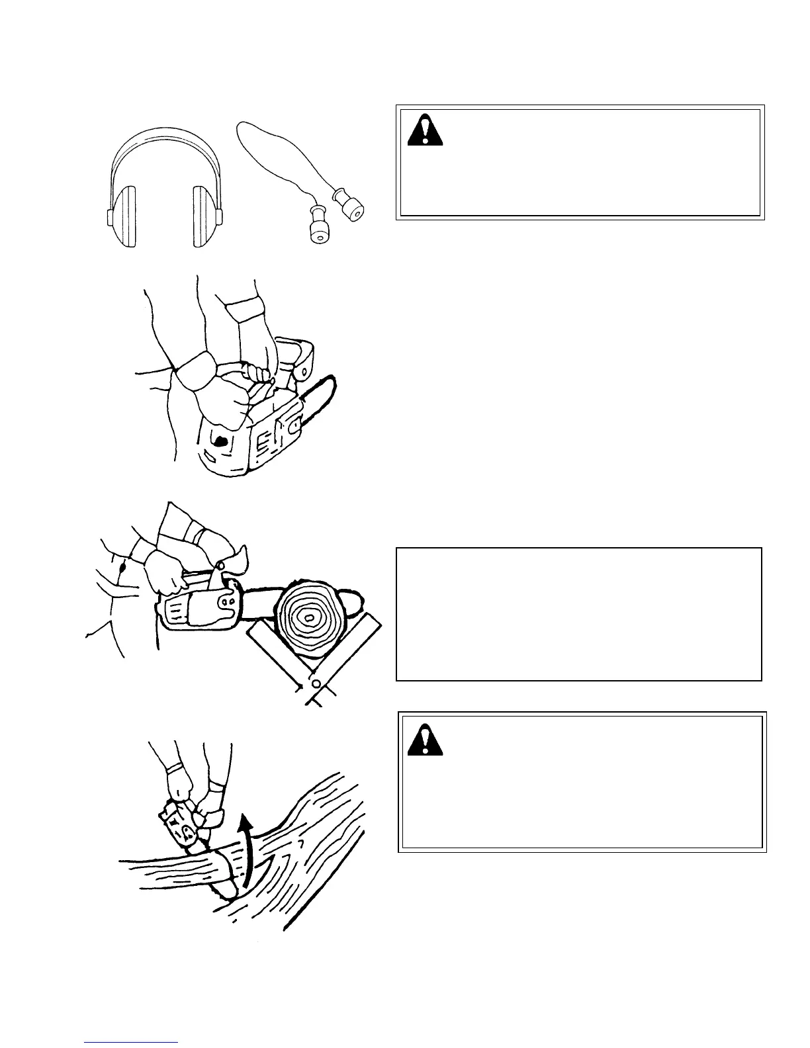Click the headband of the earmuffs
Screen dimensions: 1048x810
165,146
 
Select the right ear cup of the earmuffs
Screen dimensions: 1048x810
207,216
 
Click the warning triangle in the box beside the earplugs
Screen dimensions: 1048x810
425,130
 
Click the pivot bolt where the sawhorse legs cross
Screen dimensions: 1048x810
317,683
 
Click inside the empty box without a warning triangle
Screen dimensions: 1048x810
578,613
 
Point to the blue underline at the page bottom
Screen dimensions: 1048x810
131,1041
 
